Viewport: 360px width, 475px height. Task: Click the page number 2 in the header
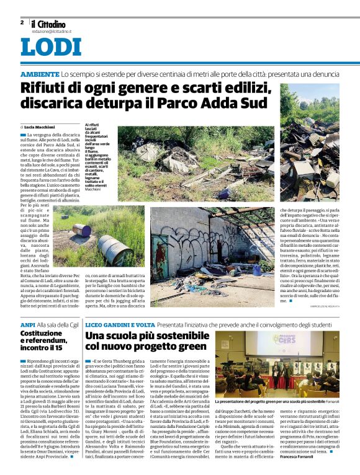(x=22, y=22)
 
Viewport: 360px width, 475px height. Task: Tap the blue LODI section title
(x=50, y=47)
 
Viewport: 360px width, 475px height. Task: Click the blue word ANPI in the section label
(x=27, y=324)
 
